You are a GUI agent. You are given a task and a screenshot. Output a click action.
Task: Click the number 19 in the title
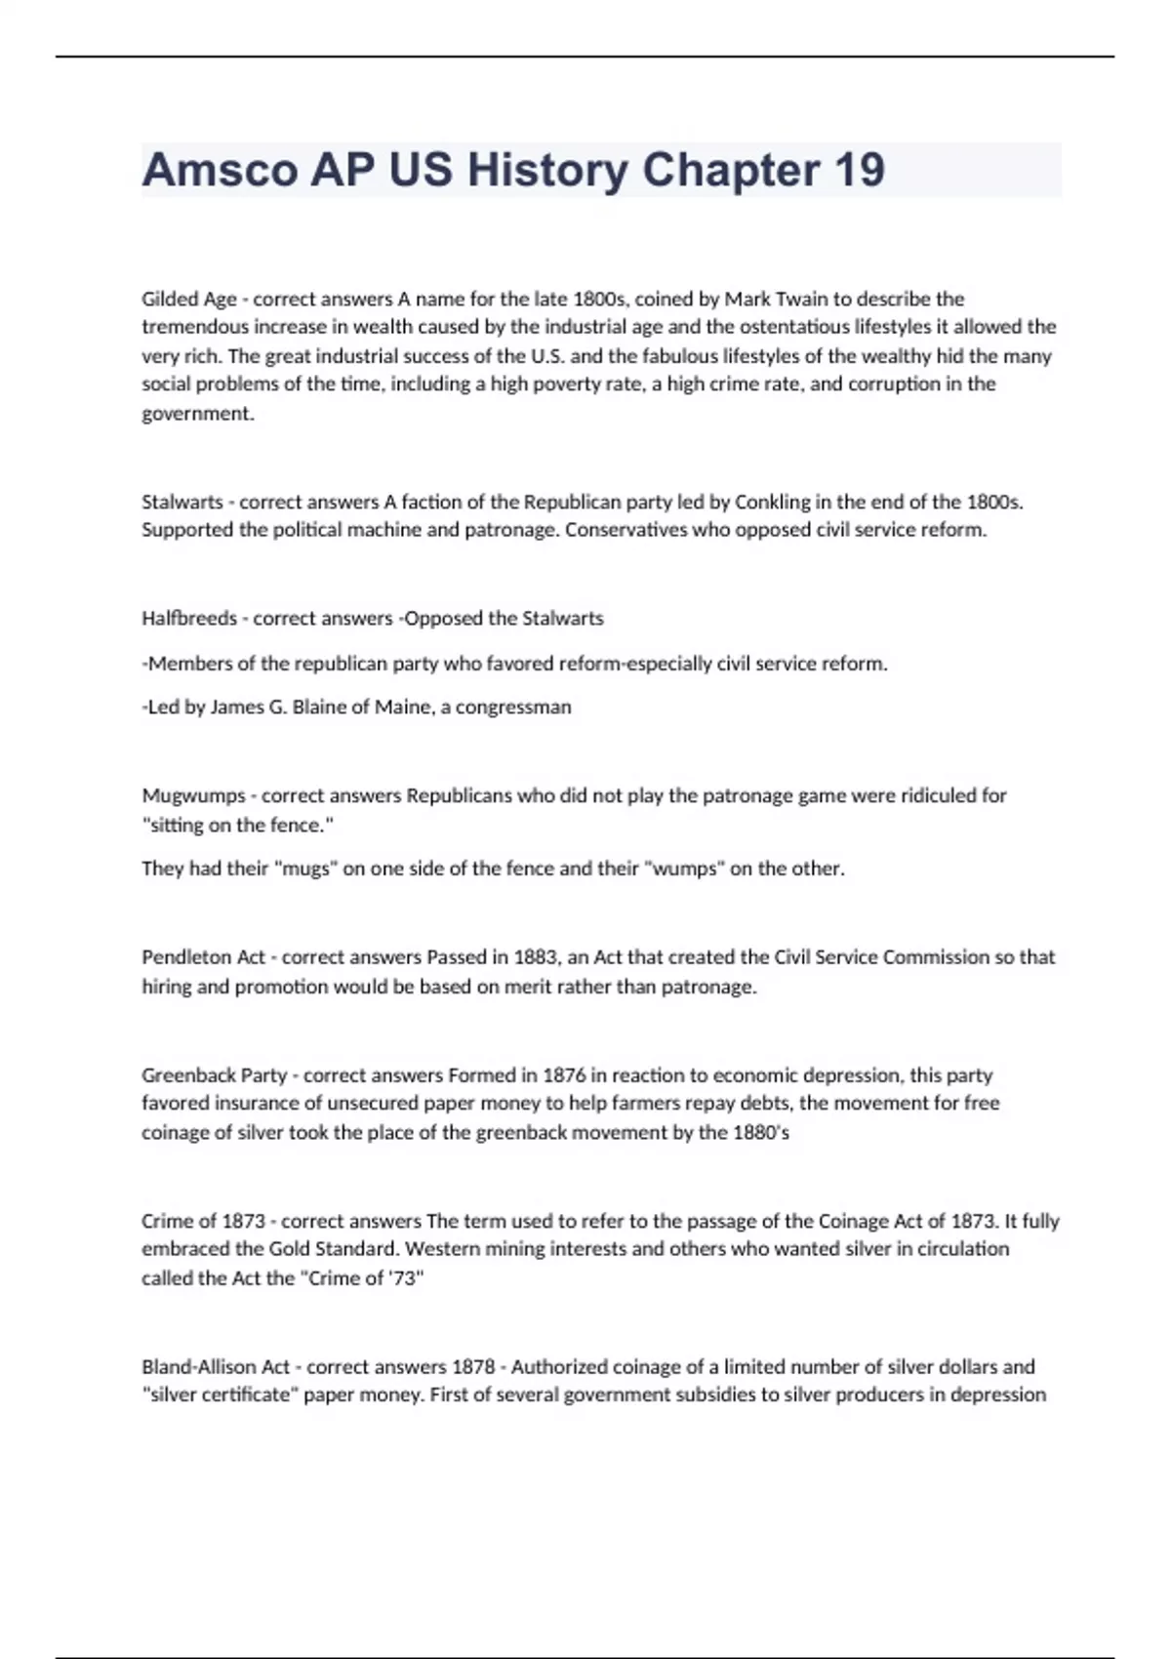(x=859, y=170)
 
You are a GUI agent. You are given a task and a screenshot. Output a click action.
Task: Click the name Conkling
(x=772, y=502)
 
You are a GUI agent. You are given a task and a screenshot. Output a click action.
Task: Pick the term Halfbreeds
(x=189, y=618)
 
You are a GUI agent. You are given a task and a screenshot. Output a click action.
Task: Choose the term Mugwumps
(x=193, y=796)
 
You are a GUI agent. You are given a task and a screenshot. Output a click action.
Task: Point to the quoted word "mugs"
(x=305, y=869)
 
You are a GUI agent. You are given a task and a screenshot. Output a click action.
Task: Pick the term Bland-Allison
(x=200, y=1367)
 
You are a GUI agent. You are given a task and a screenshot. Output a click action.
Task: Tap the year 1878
(x=473, y=1367)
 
